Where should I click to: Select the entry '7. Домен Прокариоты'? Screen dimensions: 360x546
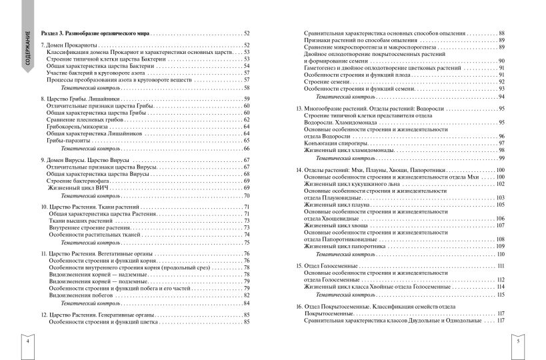point(65,45)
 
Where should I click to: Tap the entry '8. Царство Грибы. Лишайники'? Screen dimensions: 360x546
point(77,99)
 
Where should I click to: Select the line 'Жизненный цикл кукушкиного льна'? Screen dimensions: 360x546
point(352,183)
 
